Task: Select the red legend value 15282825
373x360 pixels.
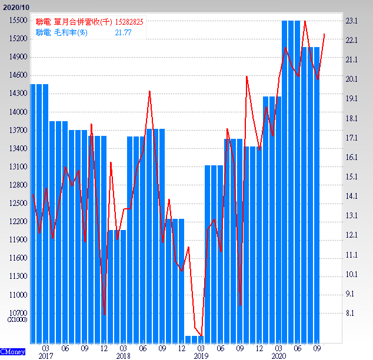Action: tap(129, 22)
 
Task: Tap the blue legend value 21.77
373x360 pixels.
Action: tap(123, 32)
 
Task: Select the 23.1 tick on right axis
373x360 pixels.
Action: tap(352, 21)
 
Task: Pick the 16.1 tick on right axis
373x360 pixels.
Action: tap(352, 157)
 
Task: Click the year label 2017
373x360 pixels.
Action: tap(45, 356)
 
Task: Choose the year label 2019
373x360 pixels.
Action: tap(201, 356)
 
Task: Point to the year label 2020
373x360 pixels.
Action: tap(279, 356)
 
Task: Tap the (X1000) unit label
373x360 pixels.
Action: tap(16, 319)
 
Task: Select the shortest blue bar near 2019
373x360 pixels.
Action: tap(195, 339)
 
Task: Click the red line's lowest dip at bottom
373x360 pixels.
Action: tap(201, 336)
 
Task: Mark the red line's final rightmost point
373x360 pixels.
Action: tap(324, 34)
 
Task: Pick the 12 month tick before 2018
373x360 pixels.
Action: tap(104, 348)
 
